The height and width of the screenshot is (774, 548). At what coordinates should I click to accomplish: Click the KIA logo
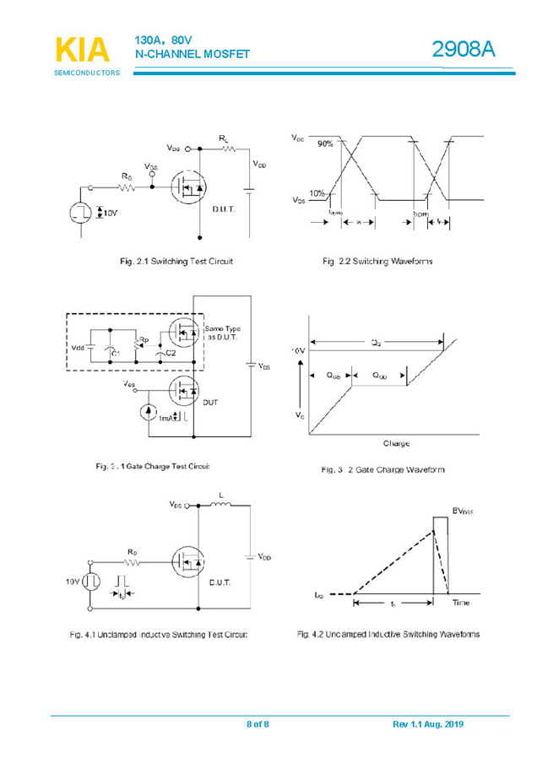82,51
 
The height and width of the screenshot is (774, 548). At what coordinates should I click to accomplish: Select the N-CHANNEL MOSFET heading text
193,55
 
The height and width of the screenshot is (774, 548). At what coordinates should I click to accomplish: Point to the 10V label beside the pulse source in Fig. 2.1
110,213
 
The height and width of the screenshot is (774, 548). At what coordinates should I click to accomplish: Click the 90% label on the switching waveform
326,144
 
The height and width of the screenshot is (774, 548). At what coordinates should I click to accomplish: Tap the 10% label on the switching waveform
317,193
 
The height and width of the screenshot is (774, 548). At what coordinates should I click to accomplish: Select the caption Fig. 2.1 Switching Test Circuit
176,262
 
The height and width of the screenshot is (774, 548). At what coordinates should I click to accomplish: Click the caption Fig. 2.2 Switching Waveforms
377,262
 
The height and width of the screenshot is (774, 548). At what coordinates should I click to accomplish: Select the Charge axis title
395,443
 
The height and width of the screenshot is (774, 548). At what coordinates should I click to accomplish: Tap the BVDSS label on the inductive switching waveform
463,511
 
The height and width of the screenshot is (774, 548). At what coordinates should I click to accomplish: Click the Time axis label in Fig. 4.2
460,603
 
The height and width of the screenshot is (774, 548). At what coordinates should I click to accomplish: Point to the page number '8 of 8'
257,724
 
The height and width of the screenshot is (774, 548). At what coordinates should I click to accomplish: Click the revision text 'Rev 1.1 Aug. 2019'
428,724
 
